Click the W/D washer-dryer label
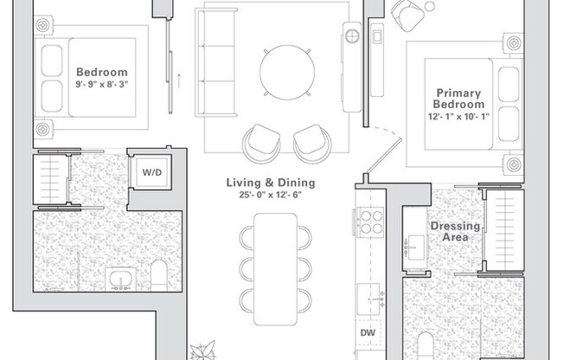click(151, 172)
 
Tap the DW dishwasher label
click(368, 332)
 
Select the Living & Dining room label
click(271, 183)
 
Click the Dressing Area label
click(455, 231)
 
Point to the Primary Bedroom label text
click(458, 99)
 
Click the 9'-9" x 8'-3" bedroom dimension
click(102, 85)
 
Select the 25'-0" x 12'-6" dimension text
click(271, 195)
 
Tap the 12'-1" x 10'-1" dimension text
click(458, 117)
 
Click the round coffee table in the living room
click(287, 72)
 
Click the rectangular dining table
click(276, 269)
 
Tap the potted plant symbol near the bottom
click(202, 350)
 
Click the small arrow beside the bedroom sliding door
click(179, 80)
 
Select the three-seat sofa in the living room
click(215, 62)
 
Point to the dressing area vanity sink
click(414, 247)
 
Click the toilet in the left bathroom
click(159, 275)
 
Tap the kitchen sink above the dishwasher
click(369, 299)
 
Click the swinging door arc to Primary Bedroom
click(387, 132)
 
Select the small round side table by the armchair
click(429, 6)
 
